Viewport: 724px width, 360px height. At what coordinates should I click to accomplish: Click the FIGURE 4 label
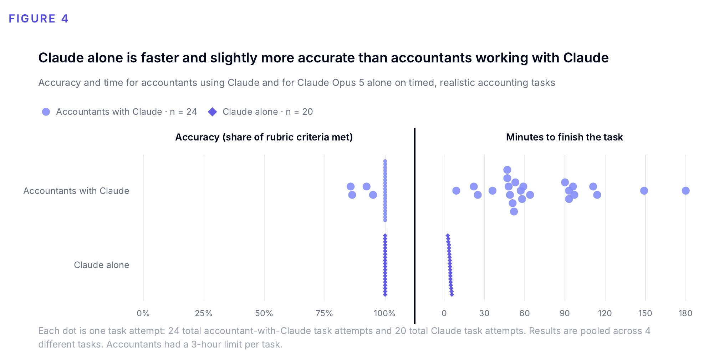tap(39, 19)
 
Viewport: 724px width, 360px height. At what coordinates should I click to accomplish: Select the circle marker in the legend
tap(46, 112)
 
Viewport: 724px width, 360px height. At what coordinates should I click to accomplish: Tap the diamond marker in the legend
tap(213, 112)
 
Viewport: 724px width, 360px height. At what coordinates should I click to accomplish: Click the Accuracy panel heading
tap(264, 137)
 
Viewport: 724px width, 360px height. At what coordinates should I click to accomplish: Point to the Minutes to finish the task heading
tap(564, 137)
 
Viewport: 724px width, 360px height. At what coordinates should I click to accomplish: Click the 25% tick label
tap(204, 313)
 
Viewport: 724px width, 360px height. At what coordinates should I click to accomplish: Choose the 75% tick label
tap(324, 313)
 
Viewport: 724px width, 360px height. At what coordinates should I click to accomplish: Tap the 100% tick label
tap(384, 313)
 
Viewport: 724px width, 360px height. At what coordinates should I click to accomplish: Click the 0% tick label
tap(143, 313)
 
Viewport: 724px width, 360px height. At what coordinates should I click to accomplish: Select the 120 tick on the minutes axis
tap(605, 313)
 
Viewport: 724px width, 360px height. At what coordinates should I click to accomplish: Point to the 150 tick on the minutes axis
tap(645, 313)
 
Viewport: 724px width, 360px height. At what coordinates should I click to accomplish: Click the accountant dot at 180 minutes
tap(685, 191)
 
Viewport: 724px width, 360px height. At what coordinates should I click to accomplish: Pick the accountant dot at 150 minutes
tap(644, 191)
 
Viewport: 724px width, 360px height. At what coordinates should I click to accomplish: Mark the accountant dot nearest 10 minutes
tap(456, 191)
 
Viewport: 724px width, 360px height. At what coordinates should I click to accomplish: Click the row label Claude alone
tap(101, 265)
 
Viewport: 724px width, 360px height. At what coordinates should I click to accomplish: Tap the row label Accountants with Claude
tap(76, 191)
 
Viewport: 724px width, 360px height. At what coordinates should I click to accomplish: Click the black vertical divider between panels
tap(415, 226)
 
